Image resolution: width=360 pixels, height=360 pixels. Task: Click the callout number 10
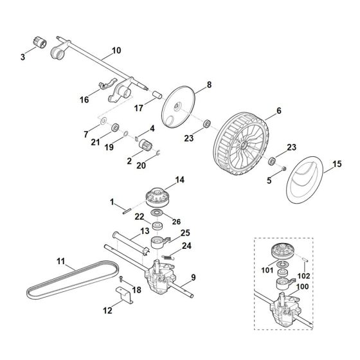coord(116,50)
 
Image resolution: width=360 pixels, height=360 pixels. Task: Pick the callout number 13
coord(145,230)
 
